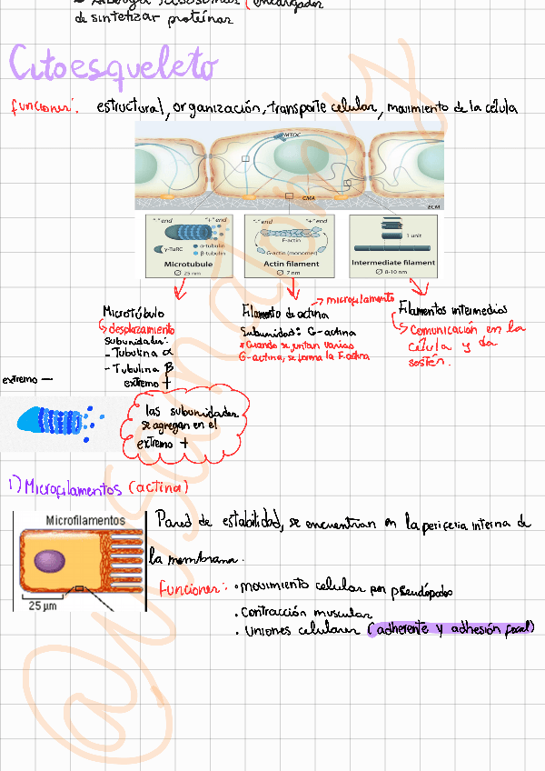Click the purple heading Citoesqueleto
(x=114, y=65)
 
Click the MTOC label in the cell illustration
(x=291, y=135)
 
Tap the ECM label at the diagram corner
(x=433, y=206)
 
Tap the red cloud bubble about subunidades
(x=186, y=424)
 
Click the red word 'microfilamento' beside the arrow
(x=360, y=299)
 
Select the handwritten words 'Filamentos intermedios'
(x=451, y=311)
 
